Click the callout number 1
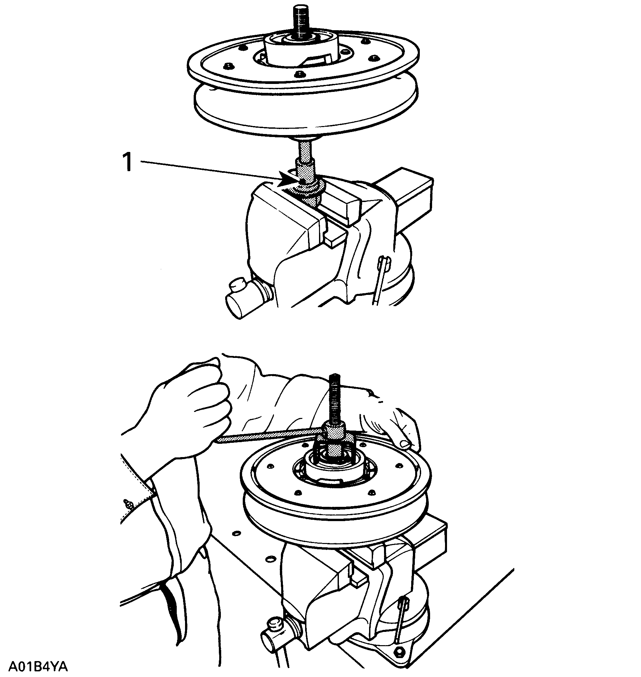pyautogui.click(x=127, y=162)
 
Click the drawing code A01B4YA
pyautogui.click(x=37, y=666)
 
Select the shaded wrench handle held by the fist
pyautogui.click(x=270, y=437)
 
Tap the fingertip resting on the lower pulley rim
pyautogui.click(x=405, y=444)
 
